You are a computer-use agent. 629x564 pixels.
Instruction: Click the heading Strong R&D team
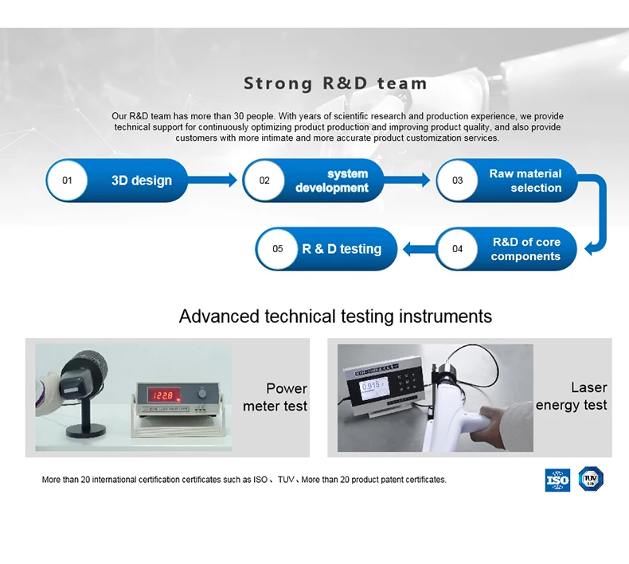(x=335, y=84)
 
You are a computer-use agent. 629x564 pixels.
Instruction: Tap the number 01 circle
(x=68, y=181)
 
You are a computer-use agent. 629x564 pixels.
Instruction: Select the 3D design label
(x=142, y=181)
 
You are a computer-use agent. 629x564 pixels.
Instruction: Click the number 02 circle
(x=264, y=181)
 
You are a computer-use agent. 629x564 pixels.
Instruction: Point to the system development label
(x=332, y=181)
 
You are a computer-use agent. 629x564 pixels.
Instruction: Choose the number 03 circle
(x=458, y=181)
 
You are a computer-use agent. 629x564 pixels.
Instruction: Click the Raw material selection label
(x=525, y=181)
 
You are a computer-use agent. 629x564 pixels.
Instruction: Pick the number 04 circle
(x=458, y=249)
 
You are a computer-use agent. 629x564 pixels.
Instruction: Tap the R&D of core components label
(x=525, y=249)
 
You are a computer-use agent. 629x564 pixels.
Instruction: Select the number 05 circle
(x=278, y=249)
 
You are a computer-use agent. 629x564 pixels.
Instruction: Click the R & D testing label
(x=342, y=249)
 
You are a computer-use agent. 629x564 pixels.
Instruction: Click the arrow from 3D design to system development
(x=217, y=181)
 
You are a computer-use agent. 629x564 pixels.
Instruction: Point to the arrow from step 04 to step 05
(x=417, y=249)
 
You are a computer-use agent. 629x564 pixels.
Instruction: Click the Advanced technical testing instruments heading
(x=335, y=317)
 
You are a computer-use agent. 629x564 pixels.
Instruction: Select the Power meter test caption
(x=275, y=397)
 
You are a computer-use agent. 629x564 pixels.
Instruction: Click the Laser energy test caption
(x=572, y=396)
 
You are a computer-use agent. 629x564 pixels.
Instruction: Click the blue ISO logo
(x=557, y=480)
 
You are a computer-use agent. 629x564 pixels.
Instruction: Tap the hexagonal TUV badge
(x=591, y=479)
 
